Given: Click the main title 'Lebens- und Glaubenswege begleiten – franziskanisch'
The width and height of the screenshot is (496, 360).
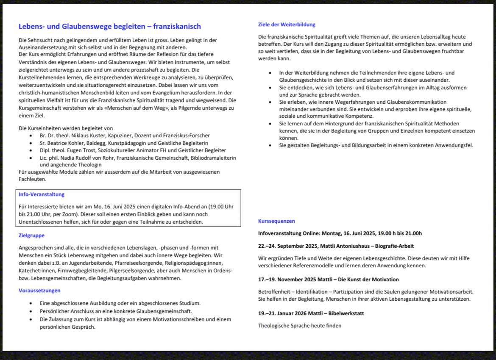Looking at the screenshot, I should coord(110,27).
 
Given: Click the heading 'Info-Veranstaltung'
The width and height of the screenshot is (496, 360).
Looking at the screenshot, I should coord(42,194).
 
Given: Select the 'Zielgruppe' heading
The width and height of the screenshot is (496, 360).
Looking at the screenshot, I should coord(31,235).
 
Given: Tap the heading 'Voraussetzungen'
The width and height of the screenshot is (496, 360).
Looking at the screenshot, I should coord(39,291).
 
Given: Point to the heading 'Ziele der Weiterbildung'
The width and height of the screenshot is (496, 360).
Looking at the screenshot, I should coord(287,25).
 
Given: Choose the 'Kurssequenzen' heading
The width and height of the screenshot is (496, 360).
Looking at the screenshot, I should coord(276,221).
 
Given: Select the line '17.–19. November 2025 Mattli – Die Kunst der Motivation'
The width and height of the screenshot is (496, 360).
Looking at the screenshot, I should coord(328,280).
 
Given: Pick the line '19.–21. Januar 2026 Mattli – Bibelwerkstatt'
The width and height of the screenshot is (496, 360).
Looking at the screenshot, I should coord(311,313).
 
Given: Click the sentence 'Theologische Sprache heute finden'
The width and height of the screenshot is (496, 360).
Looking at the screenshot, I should coord(300,326).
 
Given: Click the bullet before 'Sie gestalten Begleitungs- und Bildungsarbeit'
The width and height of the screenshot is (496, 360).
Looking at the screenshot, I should coord(270,146).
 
